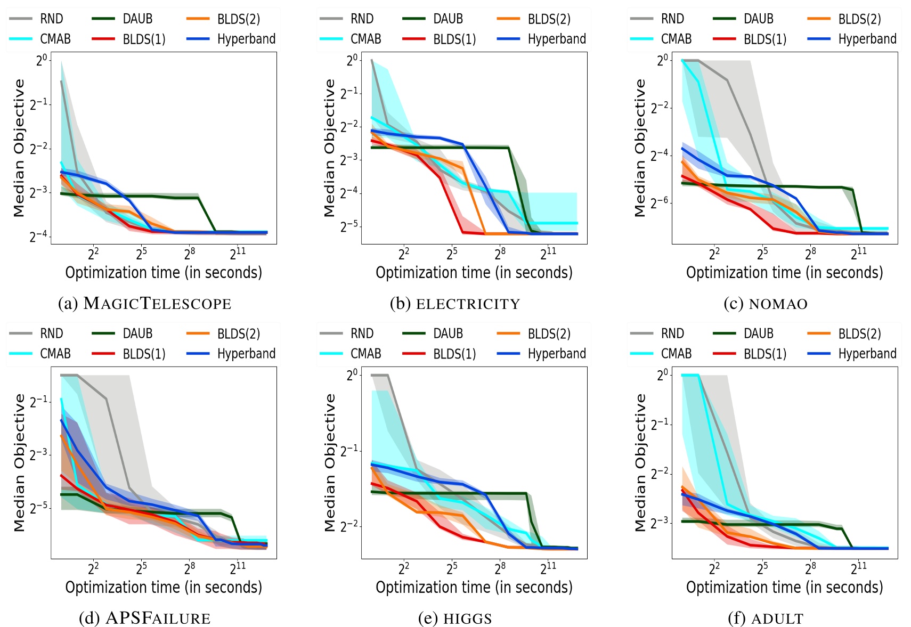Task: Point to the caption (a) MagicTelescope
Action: [x=144, y=304]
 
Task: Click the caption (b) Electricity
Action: [x=454, y=304]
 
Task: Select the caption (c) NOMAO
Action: [x=765, y=304]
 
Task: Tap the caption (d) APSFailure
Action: [x=144, y=618]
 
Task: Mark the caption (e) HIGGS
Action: [x=454, y=618]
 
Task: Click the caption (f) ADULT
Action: [x=765, y=618]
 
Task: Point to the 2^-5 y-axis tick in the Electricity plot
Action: [x=349, y=226]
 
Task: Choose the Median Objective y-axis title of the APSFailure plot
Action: [x=20, y=462]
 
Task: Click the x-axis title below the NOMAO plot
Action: [x=784, y=273]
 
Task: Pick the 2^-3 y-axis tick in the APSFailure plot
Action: [x=38, y=454]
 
